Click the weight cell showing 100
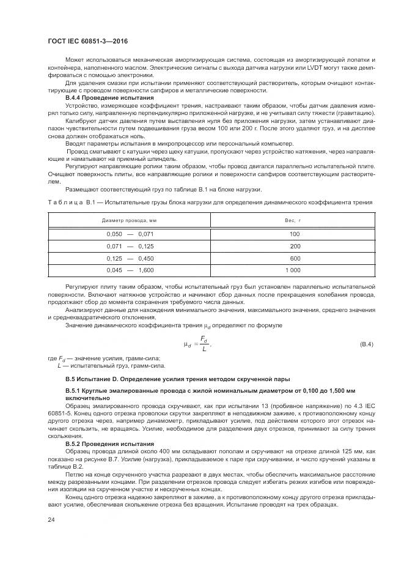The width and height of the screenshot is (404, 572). [295, 234]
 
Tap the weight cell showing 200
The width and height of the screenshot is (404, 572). [295, 246]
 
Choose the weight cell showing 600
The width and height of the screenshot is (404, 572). [295, 258]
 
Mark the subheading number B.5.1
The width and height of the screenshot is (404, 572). [75, 391]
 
